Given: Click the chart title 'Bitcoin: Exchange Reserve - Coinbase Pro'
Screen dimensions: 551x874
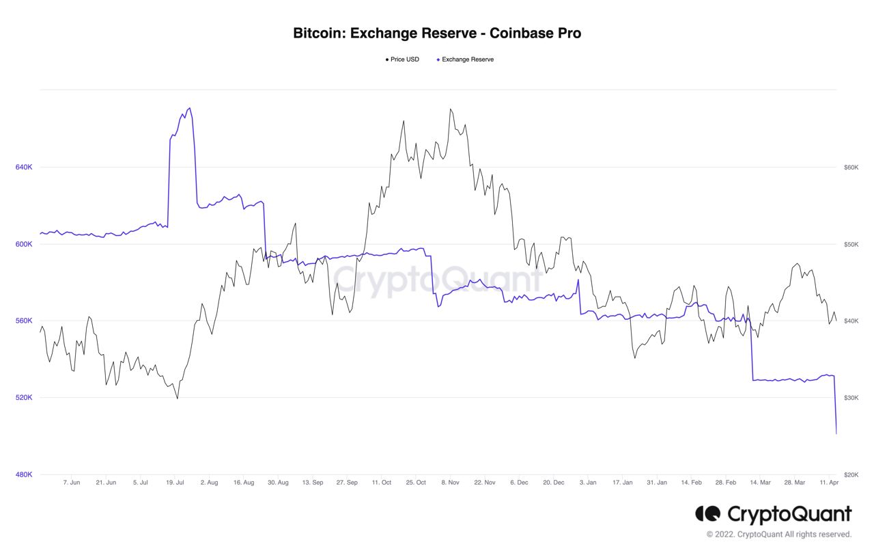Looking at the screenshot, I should (437, 33).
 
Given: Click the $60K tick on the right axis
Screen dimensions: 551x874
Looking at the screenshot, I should (851, 167).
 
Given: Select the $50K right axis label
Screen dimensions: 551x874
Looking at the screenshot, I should (851, 244).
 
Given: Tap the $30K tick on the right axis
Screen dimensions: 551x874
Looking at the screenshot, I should (851, 398).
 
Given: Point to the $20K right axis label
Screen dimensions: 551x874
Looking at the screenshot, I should (851, 474).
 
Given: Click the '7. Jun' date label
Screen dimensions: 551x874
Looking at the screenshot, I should (71, 483).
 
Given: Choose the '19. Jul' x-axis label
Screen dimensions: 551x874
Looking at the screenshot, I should (175, 483).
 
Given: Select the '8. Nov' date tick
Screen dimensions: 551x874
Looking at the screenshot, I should (450, 483).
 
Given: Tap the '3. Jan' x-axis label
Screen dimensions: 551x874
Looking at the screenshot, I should (587, 483).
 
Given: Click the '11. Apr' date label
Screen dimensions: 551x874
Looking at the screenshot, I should (829, 483).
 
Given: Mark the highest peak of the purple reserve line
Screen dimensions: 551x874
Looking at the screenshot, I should (189, 108).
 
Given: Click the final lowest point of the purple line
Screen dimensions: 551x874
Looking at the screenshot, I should (836, 433).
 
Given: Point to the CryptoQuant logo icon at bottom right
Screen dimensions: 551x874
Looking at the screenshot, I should (707, 513).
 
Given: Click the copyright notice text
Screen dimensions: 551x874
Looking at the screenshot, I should (779, 535).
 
